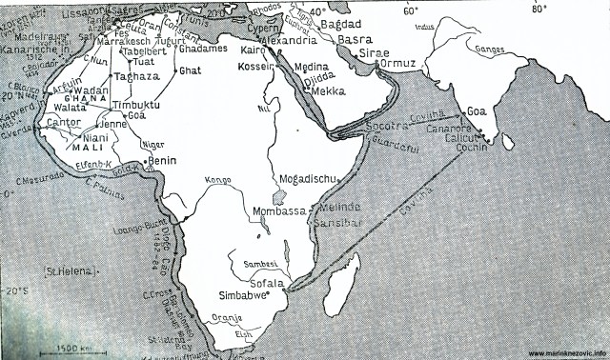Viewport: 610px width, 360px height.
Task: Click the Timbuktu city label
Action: pyautogui.click(x=132, y=106)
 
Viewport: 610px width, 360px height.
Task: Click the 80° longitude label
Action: pyautogui.click(x=539, y=9)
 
